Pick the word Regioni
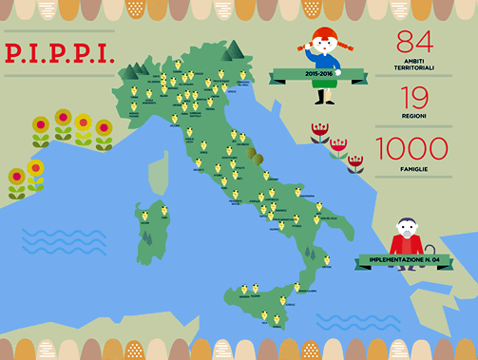pos(414,116)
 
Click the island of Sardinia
pos(150,231)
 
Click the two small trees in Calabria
pos(311,254)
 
